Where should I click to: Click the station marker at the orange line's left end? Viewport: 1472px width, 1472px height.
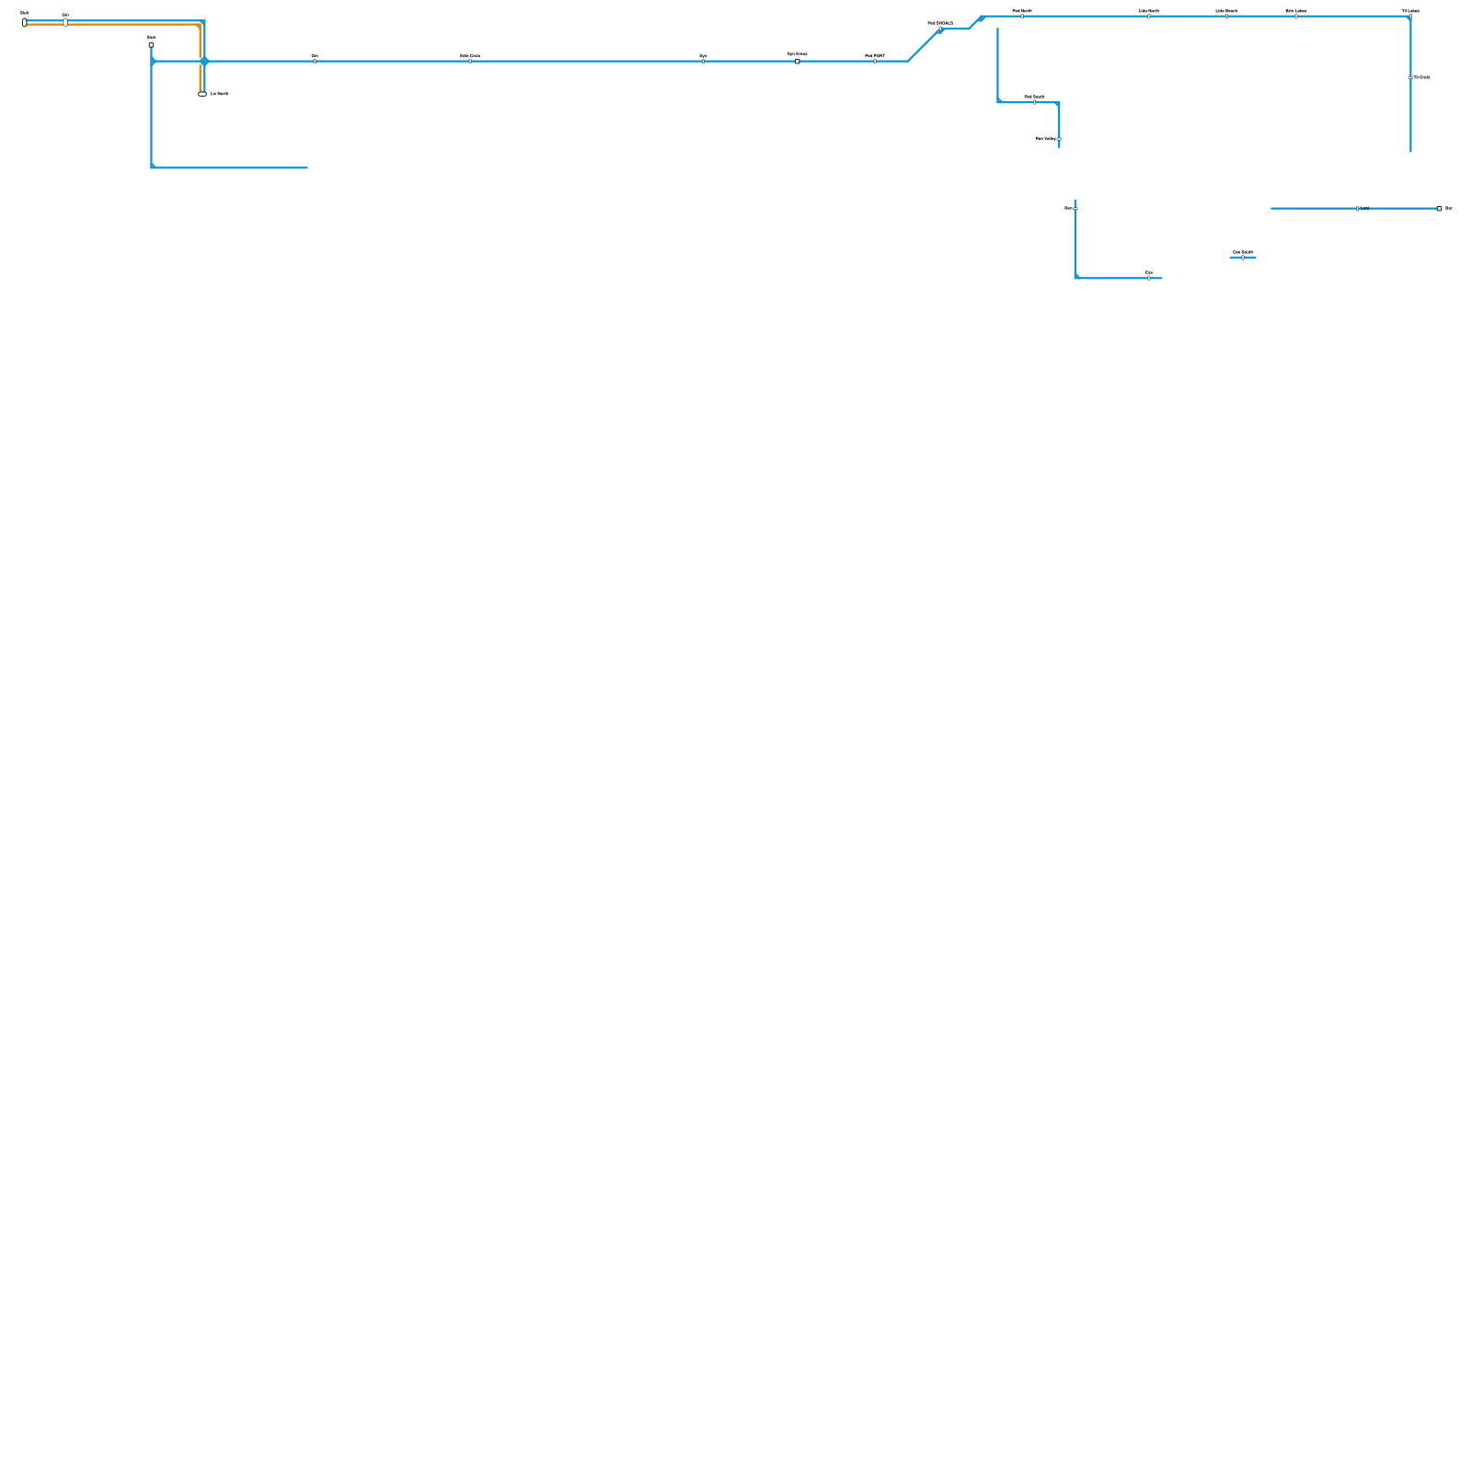coord(25,23)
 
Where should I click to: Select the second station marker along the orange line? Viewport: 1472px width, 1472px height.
coord(65,23)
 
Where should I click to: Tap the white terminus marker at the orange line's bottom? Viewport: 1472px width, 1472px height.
coord(202,94)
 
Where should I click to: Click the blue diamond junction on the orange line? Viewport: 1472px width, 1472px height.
coord(204,62)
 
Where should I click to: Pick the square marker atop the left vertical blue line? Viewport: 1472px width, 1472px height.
coord(151,45)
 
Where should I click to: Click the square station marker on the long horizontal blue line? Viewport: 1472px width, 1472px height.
coord(798,62)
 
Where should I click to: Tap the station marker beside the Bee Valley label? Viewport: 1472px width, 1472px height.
coord(1059,139)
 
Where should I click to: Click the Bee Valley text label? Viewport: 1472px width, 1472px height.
coord(1045,139)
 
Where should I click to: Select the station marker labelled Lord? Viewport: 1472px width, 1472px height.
coord(1357,209)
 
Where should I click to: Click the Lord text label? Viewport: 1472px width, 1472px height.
coord(1365,209)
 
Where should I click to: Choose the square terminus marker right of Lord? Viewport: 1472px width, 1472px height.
coord(1439,209)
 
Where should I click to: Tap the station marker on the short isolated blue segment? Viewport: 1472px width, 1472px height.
coord(1243,258)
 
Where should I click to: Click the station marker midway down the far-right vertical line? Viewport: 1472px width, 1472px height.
coord(1410,77)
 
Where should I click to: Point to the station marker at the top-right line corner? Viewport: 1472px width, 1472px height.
coord(1410,17)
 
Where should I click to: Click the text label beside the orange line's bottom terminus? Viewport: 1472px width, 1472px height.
coord(220,94)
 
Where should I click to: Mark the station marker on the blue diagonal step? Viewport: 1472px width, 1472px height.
coord(940,29)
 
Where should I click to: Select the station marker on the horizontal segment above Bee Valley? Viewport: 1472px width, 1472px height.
coord(1034,102)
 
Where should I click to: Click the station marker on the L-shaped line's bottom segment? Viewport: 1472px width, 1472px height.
coord(1149,278)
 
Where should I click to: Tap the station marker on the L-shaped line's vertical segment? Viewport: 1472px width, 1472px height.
coord(1075,209)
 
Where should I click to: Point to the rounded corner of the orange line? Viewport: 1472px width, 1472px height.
coord(198,27)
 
